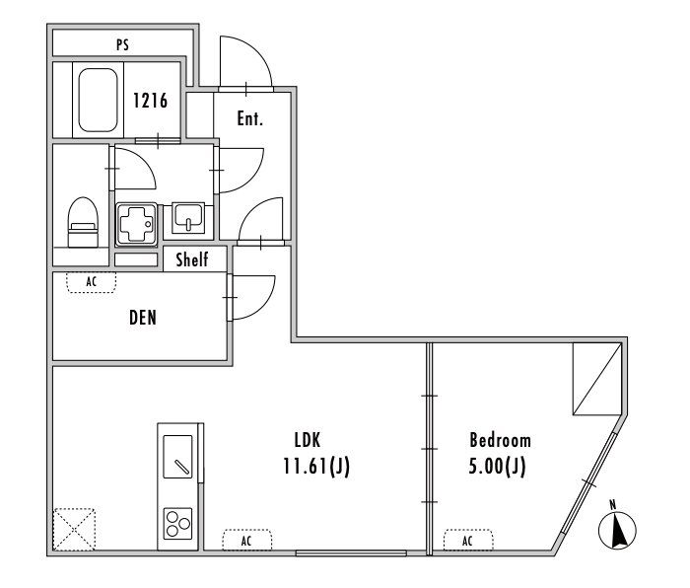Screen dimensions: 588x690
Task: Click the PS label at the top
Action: (x=122, y=44)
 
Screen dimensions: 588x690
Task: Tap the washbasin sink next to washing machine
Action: (x=187, y=217)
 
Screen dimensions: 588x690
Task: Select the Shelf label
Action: (x=192, y=260)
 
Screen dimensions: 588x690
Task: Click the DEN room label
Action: (x=143, y=319)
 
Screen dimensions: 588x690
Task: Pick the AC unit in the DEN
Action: (x=91, y=282)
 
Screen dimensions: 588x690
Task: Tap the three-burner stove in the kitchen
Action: (x=177, y=523)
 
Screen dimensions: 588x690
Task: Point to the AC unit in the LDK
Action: (x=246, y=541)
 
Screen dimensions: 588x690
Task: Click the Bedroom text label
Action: (x=500, y=440)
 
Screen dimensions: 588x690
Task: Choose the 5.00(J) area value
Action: (x=498, y=465)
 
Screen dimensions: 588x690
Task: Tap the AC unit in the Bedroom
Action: (x=468, y=541)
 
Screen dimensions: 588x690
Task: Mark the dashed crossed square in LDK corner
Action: (x=75, y=528)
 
